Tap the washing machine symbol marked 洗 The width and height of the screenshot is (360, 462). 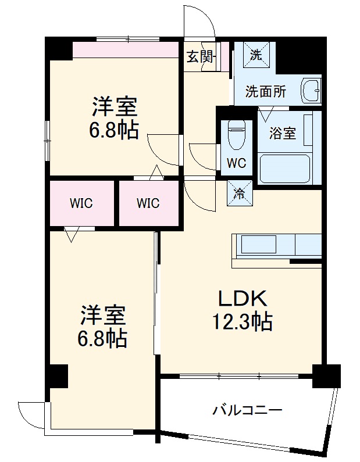255,56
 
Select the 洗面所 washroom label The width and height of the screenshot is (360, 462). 265,91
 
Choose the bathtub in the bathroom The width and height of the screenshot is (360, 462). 288,169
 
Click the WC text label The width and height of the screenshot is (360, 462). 236,163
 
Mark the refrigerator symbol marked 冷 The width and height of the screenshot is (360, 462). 239,194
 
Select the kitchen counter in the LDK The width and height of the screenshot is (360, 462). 276,245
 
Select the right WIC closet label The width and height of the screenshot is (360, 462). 148,203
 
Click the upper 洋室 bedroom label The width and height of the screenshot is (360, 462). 114,108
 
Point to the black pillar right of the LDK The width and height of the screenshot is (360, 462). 326,375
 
